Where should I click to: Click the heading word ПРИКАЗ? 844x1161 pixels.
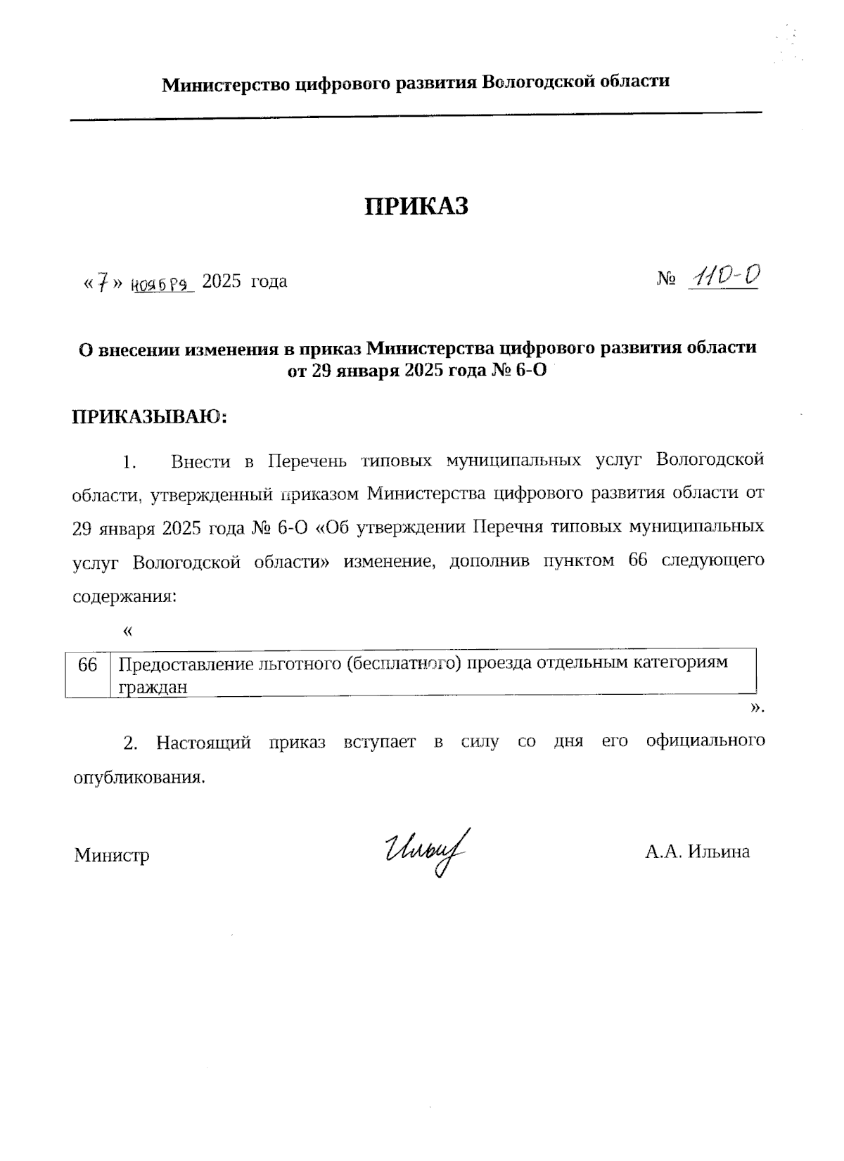(x=416, y=206)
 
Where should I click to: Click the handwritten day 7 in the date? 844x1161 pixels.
(x=103, y=283)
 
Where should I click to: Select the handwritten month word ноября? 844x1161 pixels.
(x=161, y=283)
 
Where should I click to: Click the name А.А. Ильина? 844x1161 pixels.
(x=697, y=852)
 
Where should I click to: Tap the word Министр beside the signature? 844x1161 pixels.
(x=112, y=855)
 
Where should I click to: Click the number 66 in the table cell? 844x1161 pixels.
(x=88, y=664)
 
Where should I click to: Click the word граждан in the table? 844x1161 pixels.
(x=153, y=687)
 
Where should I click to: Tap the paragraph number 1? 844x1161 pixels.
(x=128, y=462)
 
